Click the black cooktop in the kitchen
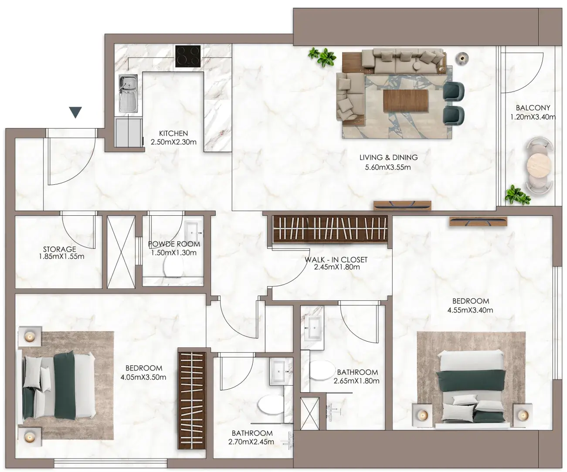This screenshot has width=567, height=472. coord(188,56)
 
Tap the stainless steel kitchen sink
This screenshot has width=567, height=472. coord(128,93)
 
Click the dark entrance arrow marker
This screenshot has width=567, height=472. coord(75,112)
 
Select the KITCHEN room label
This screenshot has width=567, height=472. coord(173,133)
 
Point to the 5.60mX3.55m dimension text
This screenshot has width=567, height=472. coord(388,167)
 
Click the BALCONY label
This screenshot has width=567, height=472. coord(533,108)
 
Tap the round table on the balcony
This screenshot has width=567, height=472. coord(539,165)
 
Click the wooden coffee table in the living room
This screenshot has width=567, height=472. coord(405,101)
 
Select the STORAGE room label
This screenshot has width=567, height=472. coord(59,249)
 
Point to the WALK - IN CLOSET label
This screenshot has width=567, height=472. coord(336,260)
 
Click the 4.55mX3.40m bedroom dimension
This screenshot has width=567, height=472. coord(470,310)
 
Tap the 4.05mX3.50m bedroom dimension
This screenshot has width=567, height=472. coord(143,377)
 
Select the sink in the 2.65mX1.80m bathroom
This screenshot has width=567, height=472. coord(312,329)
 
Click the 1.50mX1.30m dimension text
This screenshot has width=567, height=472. coord(174,253)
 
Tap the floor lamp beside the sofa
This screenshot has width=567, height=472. coord(462,58)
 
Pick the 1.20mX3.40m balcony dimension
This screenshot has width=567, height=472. coord(533,117)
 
